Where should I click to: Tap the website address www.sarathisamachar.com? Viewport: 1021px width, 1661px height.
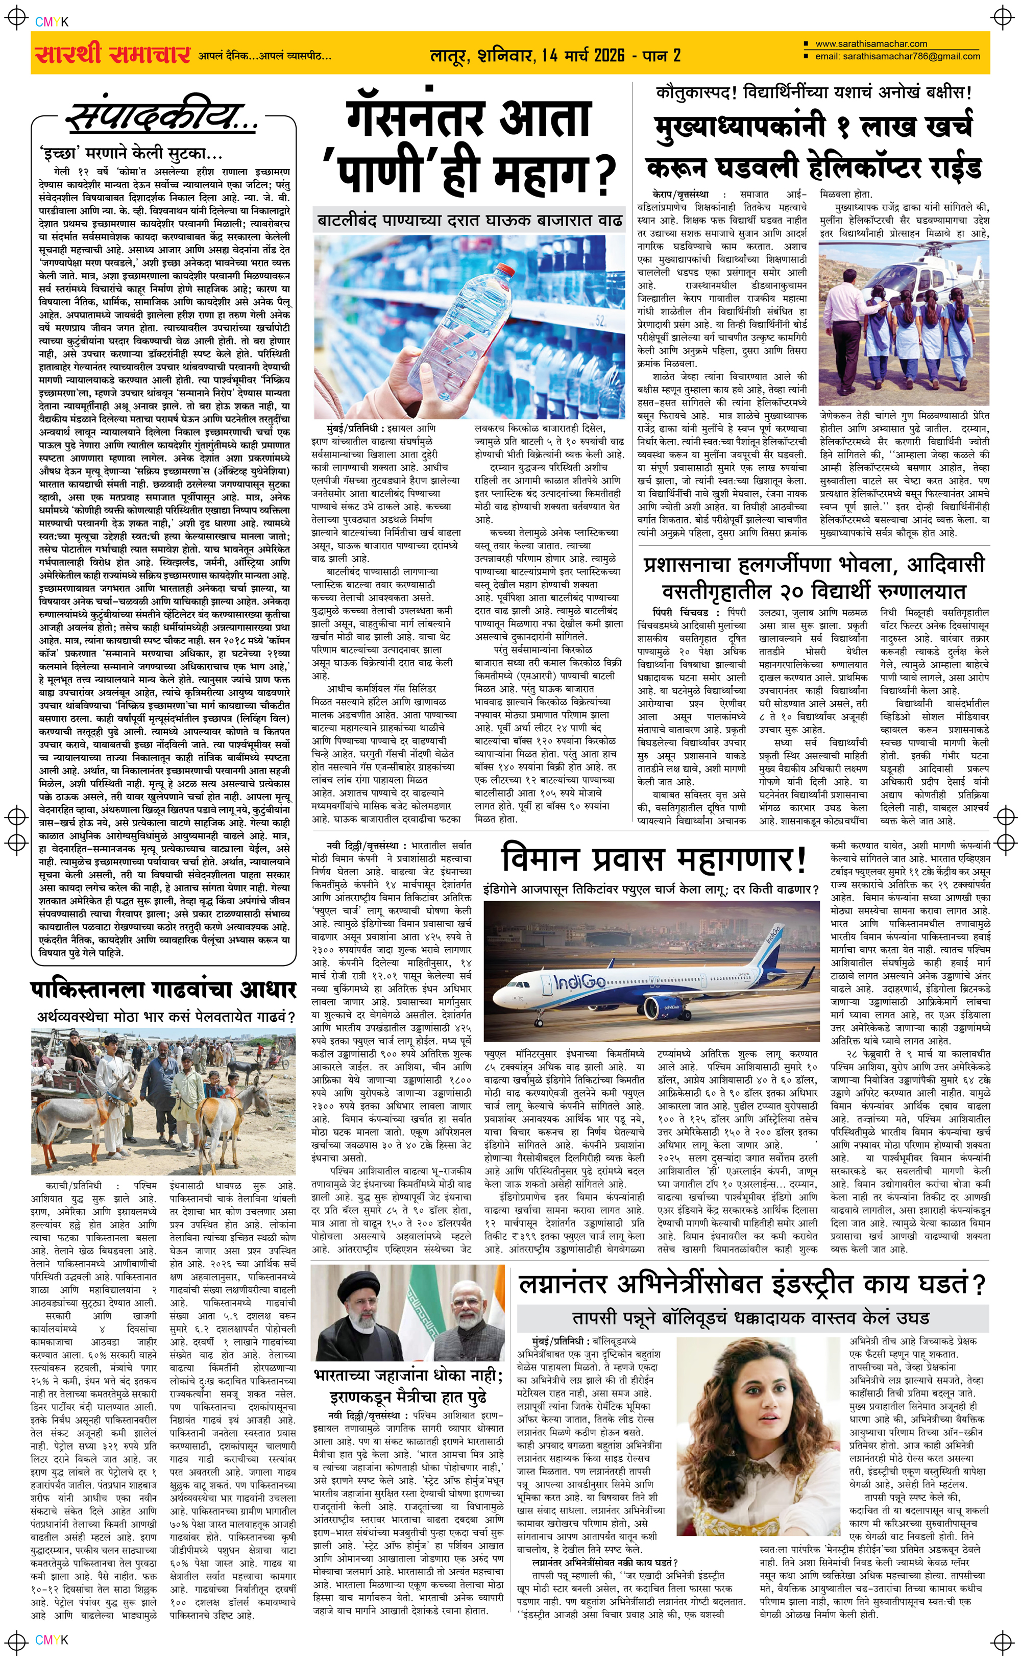coord(870,44)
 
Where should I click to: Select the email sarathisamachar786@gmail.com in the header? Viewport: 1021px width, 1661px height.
coord(897,57)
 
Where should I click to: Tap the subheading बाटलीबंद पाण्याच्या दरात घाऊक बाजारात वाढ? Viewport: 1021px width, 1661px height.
coord(470,221)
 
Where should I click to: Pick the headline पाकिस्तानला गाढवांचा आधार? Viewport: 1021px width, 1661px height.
coord(163,990)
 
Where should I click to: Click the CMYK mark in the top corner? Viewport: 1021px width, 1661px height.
coord(52,22)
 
